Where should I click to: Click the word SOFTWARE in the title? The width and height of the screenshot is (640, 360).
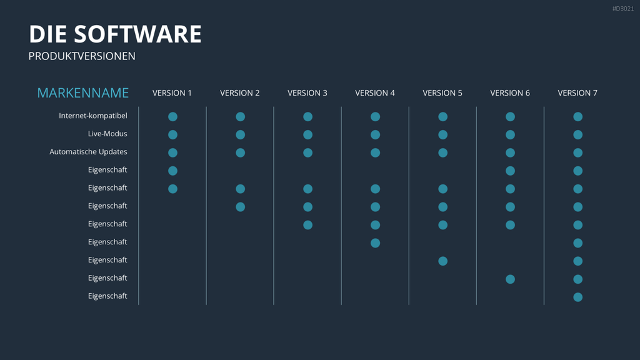[x=137, y=34]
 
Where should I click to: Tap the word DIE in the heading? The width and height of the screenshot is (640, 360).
[x=47, y=34]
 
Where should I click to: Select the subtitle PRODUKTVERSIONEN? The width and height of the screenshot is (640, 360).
[x=82, y=56]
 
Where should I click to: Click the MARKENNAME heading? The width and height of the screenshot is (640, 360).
[x=83, y=93]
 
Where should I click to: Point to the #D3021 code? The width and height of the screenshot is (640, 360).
[x=623, y=9]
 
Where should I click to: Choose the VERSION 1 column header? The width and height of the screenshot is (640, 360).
[x=172, y=93]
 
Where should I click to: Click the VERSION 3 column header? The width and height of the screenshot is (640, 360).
[x=307, y=93]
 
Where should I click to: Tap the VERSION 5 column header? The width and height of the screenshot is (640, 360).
[x=442, y=93]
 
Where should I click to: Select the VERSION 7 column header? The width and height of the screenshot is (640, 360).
[x=577, y=93]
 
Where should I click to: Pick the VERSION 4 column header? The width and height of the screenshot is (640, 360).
[x=375, y=93]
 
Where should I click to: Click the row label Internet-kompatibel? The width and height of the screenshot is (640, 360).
[x=93, y=116]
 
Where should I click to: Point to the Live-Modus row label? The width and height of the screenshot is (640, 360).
[x=107, y=134]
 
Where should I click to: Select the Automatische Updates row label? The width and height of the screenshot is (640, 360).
[x=88, y=152]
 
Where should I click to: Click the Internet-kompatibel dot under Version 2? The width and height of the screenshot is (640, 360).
[x=241, y=117]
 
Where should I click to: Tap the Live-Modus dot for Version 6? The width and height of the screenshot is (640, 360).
[x=510, y=135]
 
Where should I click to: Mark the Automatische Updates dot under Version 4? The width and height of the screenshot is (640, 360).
[x=375, y=152]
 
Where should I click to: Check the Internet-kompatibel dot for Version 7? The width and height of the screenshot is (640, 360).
[x=578, y=117]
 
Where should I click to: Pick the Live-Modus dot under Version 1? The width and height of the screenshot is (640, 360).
[x=172, y=135]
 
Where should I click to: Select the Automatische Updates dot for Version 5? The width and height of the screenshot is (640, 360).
[x=443, y=152]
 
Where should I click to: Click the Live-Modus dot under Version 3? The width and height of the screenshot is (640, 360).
[x=307, y=135]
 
